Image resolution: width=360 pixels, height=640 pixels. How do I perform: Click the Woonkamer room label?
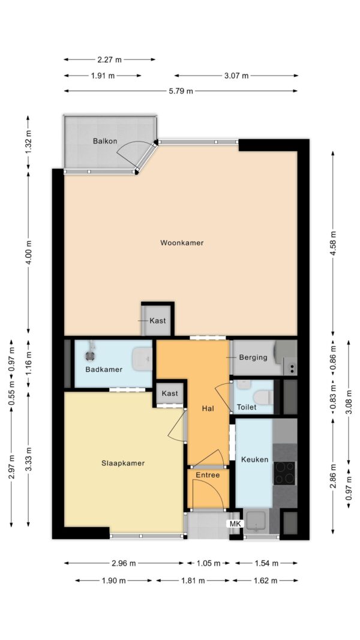pyautogui.click(x=182, y=243)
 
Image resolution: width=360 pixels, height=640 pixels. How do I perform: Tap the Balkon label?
pyautogui.click(x=105, y=142)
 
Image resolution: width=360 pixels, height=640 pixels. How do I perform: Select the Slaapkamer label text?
pyautogui.click(x=123, y=463)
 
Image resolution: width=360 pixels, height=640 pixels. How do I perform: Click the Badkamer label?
pyautogui.click(x=104, y=370)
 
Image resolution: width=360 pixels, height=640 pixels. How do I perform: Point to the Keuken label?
pyautogui.click(x=254, y=459)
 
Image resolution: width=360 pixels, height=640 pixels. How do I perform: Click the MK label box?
pyautogui.click(x=236, y=524)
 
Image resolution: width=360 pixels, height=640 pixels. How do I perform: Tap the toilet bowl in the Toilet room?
pyautogui.click(x=263, y=396)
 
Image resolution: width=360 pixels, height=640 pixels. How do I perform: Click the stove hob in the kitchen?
pyautogui.click(x=284, y=473)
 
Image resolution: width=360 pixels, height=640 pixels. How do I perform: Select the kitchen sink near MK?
pyautogui.click(x=256, y=520)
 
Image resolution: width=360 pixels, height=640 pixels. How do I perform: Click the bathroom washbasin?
pyautogui.click(x=142, y=359)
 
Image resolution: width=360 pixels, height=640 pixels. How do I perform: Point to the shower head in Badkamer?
pyautogui.click(x=90, y=355)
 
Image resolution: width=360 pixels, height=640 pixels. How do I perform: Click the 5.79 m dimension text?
pyautogui.click(x=181, y=91)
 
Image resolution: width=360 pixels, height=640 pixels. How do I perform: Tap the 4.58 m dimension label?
pyautogui.click(x=333, y=244)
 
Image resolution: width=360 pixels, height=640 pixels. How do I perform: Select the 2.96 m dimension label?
pyautogui.click(x=123, y=564)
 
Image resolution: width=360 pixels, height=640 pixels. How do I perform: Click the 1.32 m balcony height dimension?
pyautogui.click(x=28, y=142)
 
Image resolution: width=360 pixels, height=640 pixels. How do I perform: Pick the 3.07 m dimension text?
pyautogui.click(x=236, y=76)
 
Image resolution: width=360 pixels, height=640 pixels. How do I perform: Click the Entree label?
pyautogui.click(x=208, y=475)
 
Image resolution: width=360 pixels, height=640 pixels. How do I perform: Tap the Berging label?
pyautogui.click(x=253, y=357)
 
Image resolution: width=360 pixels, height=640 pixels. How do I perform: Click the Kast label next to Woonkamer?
pyautogui.click(x=158, y=321)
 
